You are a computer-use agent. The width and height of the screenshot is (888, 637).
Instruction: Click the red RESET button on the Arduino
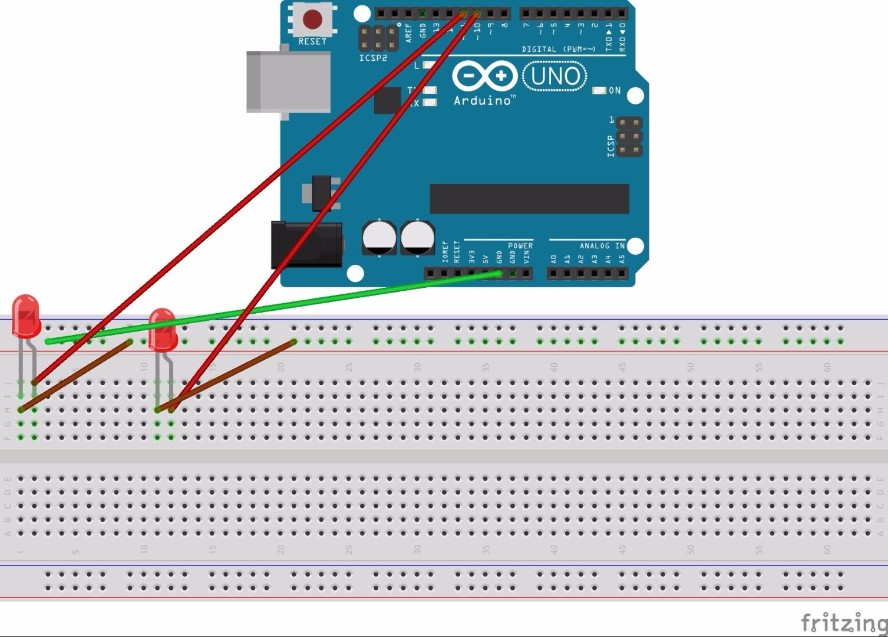tap(312, 19)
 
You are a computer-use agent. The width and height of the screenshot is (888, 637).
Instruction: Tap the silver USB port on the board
tap(288, 81)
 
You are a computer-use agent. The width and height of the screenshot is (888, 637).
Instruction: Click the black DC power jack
tap(306, 244)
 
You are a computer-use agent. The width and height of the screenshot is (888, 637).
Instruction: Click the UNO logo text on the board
tap(555, 77)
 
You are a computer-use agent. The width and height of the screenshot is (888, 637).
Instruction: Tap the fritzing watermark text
tap(843, 622)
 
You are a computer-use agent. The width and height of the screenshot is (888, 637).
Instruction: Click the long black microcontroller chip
tap(529, 199)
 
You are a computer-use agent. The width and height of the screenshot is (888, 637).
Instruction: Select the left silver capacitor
tap(379, 238)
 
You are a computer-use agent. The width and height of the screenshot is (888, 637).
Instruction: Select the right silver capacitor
tap(417, 238)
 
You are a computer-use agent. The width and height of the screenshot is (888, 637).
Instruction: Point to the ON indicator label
tap(614, 90)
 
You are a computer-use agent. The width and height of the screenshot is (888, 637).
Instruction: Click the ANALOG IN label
tap(601, 245)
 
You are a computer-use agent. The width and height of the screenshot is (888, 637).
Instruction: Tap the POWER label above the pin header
tap(520, 245)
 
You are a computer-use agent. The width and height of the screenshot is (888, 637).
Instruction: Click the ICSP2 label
tap(373, 58)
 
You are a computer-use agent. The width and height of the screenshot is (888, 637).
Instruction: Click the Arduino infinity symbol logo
tap(484, 77)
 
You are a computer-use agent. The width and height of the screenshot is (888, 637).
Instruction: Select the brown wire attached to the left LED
tap(75, 375)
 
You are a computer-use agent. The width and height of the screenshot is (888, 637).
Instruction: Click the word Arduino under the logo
tap(482, 101)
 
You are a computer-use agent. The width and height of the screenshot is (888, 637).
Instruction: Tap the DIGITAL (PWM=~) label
tap(558, 49)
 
